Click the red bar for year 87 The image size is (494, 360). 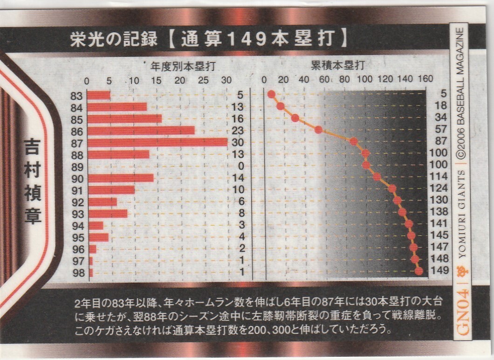click(x=157, y=142)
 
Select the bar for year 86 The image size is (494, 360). click(x=141, y=131)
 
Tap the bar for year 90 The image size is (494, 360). click(x=121, y=178)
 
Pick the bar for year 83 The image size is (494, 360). click(x=99, y=95)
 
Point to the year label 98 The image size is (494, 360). click(x=78, y=273)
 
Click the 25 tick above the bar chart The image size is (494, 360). click(x=203, y=80)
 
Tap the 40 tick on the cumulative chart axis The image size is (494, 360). click(x=303, y=78)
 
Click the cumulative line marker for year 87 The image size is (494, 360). click(x=354, y=141)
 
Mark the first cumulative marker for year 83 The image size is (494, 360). click(x=271, y=94)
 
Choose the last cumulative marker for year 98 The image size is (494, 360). click(x=419, y=271)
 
